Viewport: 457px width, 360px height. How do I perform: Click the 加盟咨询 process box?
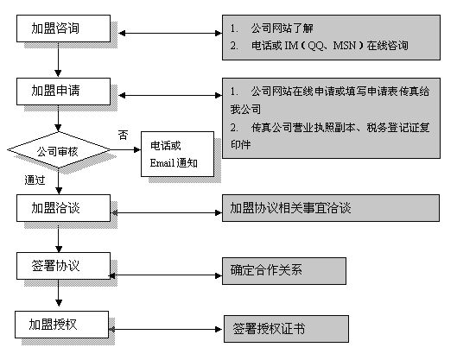(x=64, y=28)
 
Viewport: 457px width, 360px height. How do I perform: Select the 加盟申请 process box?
(x=64, y=92)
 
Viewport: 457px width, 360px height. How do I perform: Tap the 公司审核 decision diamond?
(x=59, y=150)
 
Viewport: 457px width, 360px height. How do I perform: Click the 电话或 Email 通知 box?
(x=177, y=154)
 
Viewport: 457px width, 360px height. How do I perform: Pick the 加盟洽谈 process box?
(x=64, y=208)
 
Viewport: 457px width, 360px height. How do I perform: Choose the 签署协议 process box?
(x=64, y=266)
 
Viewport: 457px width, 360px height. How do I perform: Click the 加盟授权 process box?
(x=62, y=325)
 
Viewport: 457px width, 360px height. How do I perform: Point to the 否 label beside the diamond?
(x=123, y=136)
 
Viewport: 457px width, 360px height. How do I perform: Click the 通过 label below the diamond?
(x=35, y=180)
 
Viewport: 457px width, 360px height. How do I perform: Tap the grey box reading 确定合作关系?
(x=284, y=271)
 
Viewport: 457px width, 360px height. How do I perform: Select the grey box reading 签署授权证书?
(x=286, y=329)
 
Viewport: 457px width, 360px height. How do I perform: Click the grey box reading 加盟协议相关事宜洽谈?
(x=331, y=208)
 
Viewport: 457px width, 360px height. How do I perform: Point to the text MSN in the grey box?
(x=345, y=46)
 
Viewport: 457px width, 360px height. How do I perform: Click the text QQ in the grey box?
(x=315, y=46)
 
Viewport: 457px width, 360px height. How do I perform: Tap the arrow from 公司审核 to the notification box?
(x=125, y=150)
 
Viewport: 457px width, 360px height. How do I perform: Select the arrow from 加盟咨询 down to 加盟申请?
(x=58, y=60)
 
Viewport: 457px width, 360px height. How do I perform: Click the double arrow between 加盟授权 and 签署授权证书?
(x=166, y=330)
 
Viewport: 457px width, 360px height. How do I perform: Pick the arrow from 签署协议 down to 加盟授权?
(x=59, y=293)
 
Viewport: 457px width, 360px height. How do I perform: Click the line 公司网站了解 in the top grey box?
(x=282, y=28)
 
